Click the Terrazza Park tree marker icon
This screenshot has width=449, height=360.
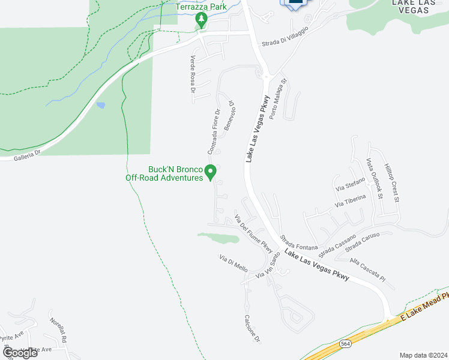pyautogui.click(x=202, y=20)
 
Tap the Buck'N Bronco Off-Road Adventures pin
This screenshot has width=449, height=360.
pyautogui.click(x=211, y=173)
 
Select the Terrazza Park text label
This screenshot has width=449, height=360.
pyautogui.click(x=201, y=7)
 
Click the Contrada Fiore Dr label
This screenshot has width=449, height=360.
pyautogui.click(x=212, y=129)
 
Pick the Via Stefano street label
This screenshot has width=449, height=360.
pyautogui.click(x=350, y=182)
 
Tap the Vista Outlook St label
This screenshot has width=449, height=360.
pyautogui.click(x=375, y=176)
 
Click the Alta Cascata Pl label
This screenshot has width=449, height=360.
pyautogui.click(x=367, y=268)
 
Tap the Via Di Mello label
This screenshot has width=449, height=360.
pyautogui.click(x=234, y=264)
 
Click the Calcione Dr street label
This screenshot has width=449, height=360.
pyautogui.click(x=252, y=329)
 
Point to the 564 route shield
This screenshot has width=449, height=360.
pyautogui.click(x=345, y=344)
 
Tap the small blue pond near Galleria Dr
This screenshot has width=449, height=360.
pyautogui.click(x=100, y=106)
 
